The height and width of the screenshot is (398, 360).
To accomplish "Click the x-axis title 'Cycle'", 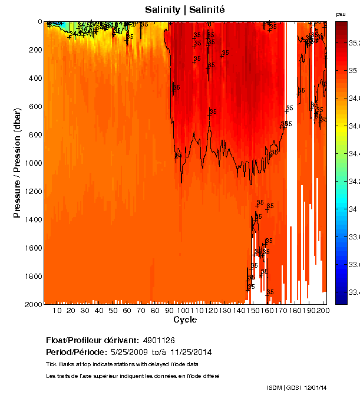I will coord(185,320).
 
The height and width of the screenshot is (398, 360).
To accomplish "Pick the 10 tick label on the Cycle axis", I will coord(57,311).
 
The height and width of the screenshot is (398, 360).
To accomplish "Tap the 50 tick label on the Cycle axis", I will coord(113,311).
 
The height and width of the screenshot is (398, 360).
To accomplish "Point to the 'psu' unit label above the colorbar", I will coord(341,14).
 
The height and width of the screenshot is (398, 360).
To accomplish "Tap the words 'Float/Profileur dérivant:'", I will coord(92,340).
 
